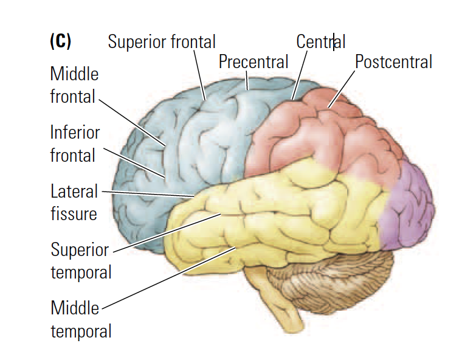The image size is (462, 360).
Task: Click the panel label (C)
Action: tap(60, 41)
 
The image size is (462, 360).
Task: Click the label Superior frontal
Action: tap(161, 42)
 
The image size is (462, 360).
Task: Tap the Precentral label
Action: tap(253, 61)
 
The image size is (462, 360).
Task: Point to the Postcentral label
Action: tap(393, 61)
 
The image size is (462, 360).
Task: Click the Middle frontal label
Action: tap(74, 85)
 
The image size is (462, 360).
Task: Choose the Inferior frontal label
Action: tap(74, 144)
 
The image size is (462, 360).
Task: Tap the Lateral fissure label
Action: tap(74, 202)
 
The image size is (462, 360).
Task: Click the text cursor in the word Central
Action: tap(333, 42)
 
